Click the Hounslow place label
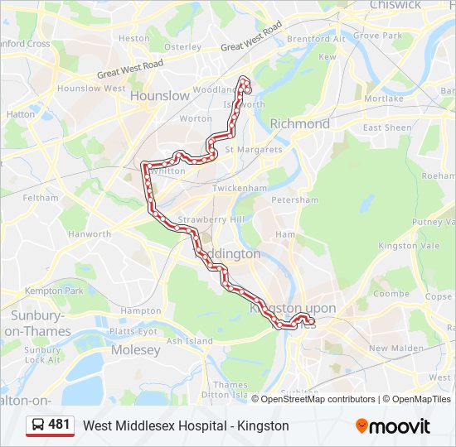click(160, 95)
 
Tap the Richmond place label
click(299, 123)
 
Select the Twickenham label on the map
click(240, 188)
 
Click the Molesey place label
click(135, 350)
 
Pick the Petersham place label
click(295, 199)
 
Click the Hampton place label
click(140, 310)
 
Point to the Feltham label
click(40, 198)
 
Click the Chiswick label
click(395, 5)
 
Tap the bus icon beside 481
click(38, 425)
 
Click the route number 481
click(60, 425)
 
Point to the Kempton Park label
click(54, 291)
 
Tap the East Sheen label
click(386, 127)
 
